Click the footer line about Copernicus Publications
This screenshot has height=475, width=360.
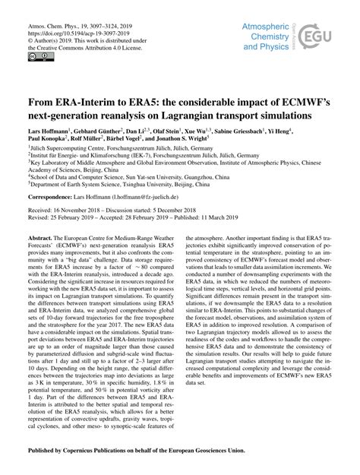(x=179, y=452)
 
